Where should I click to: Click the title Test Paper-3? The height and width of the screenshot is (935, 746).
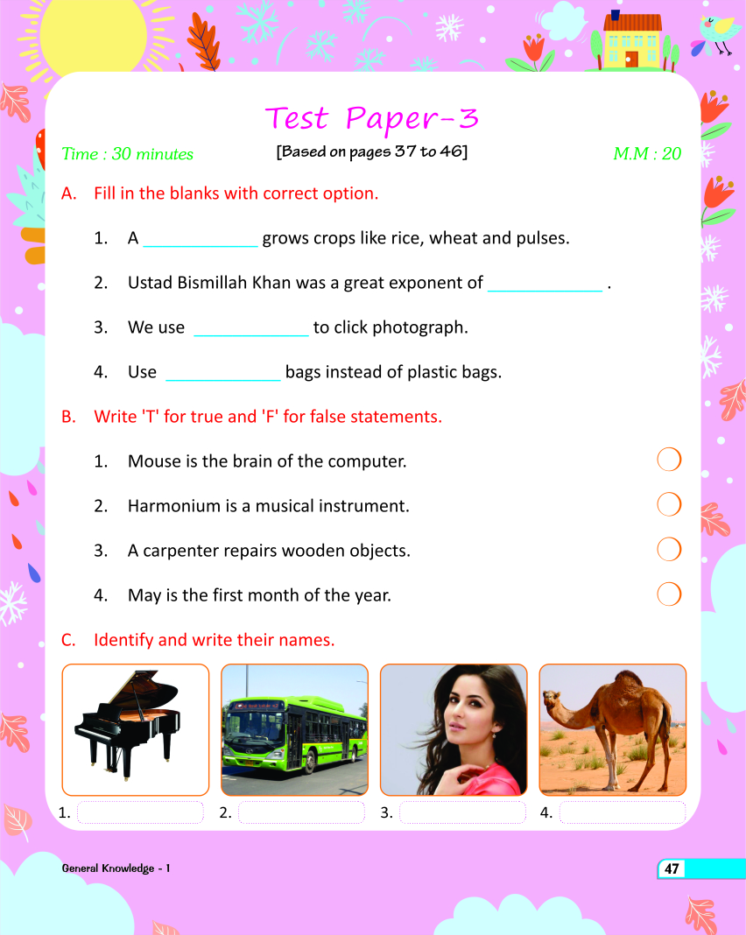(371, 117)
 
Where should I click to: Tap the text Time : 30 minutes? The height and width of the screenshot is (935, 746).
(127, 154)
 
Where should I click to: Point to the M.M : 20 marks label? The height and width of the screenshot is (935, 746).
(646, 154)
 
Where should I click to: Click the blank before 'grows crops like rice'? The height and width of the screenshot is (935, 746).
(200, 239)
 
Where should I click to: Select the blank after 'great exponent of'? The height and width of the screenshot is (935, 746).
(545, 284)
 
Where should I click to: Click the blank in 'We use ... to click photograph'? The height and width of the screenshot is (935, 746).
(250, 328)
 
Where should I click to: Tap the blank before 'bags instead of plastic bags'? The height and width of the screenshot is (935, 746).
(223, 373)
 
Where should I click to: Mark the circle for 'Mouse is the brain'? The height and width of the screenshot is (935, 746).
(669, 460)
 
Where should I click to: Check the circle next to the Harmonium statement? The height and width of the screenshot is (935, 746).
(669, 504)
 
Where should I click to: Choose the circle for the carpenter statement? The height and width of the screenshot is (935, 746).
(669, 550)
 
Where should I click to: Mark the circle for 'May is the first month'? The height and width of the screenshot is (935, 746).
(669, 594)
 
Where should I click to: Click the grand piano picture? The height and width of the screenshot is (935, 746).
(136, 728)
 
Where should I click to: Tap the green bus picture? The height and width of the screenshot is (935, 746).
(294, 728)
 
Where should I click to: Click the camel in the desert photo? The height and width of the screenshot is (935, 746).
(612, 728)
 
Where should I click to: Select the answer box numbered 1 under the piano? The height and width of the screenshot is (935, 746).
(140, 813)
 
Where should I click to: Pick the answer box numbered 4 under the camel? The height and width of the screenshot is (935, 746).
(622, 813)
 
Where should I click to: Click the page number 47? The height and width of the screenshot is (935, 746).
(672, 869)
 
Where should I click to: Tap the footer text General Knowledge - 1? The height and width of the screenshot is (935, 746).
(116, 868)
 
